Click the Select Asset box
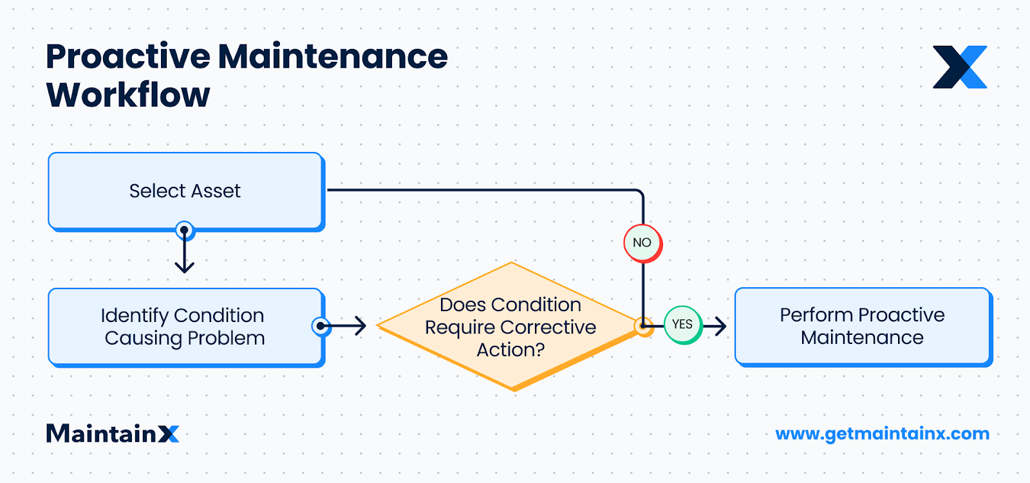pyautogui.click(x=185, y=191)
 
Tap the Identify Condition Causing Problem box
pyautogui.click(x=185, y=327)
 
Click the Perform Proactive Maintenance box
pyautogui.click(x=863, y=326)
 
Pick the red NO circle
pyautogui.click(x=642, y=243)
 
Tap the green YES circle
pyautogui.click(x=682, y=325)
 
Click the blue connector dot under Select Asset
pyautogui.click(x=185, y=230)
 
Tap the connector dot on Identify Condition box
pyautogui.click(x=321, y=326)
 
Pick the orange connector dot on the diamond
pyautogui.click(x=642, y=326)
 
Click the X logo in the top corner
pyautogui.click(x=960, y=67)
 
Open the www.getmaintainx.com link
pyautogui.click(x=882, y=433)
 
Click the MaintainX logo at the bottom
pyautogui.click(x=113, y=433)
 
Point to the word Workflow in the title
pyautogui.click(x=128, y=95)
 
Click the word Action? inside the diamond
pyautogui.click(x=510, y=350)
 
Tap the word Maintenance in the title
pyautogui.click(x=333, y=57)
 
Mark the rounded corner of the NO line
pyautogui.click(x=639, y=193)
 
